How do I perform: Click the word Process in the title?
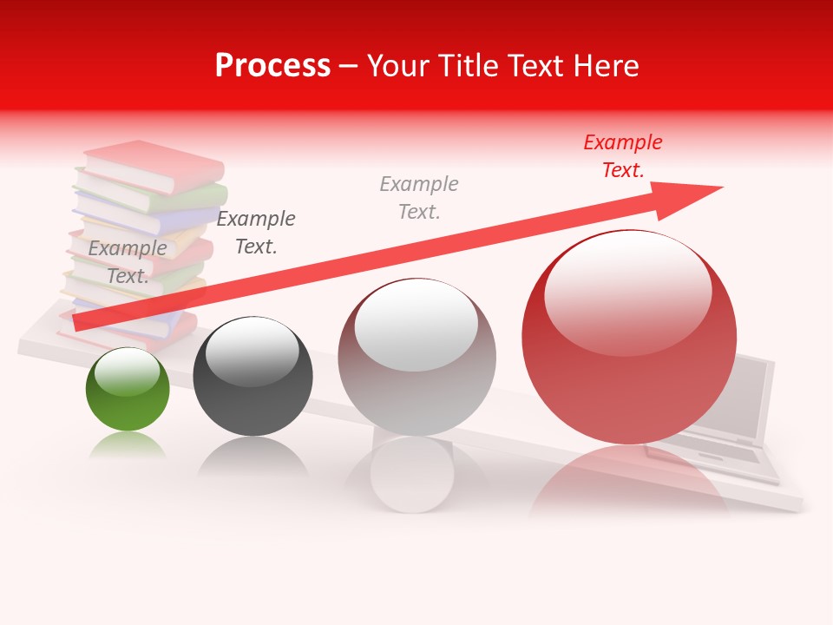(272, 66)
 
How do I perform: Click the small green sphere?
(128, 391)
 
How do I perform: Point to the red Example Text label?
(622, 156)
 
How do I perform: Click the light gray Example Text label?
(419, 197)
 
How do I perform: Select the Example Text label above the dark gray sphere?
(256, 233)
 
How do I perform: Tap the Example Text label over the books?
(128, 262)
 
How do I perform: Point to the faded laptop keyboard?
(703, 455)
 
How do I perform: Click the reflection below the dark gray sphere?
(253, 455)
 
